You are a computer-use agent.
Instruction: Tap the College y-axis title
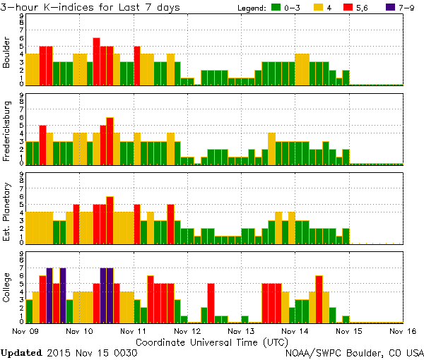pyautogui.click(x=6, y=287)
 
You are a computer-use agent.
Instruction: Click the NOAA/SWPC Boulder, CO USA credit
pyautogui.click(x=354, y=352)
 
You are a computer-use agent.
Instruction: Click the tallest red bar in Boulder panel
pyautogui.click(x=96, y=61)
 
